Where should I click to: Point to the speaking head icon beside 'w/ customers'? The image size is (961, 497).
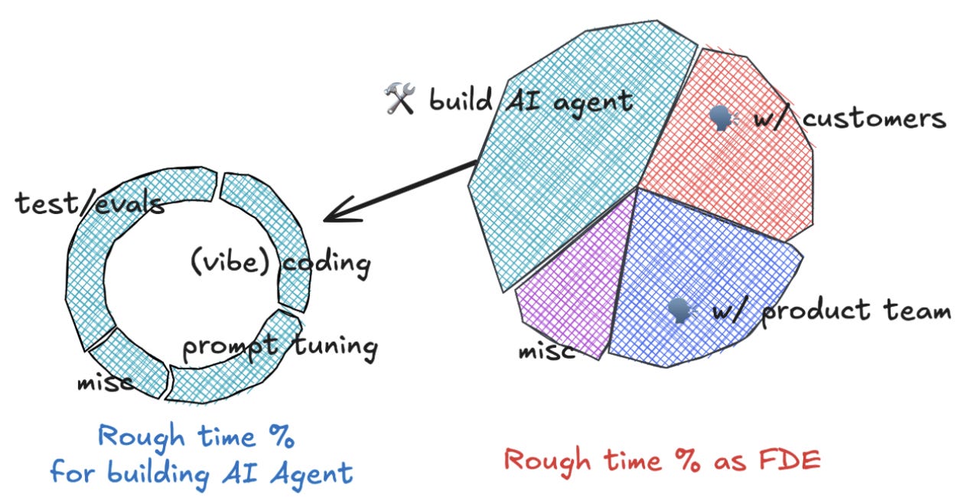point(720,119)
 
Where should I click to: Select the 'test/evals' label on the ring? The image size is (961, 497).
point(90,203)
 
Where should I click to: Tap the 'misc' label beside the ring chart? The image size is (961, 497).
point(104,382)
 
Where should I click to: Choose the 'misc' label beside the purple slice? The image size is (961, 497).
point(546,352)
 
